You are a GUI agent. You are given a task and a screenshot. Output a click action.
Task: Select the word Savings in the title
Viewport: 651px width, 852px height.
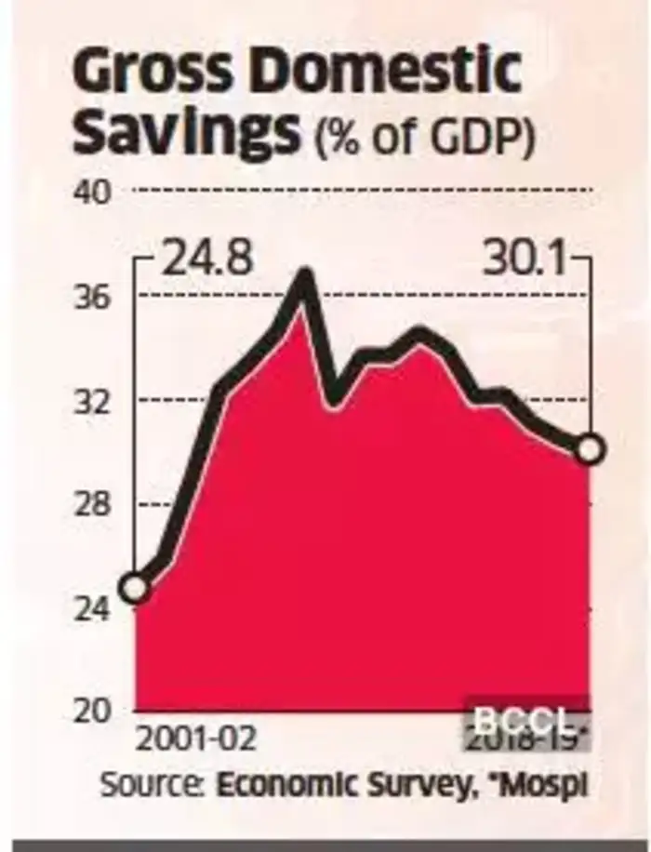[187, 132]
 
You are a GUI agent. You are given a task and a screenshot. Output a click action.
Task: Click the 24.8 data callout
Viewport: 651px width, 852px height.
[206, 259]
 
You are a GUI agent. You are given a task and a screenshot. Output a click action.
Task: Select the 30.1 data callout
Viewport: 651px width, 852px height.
[525, 259]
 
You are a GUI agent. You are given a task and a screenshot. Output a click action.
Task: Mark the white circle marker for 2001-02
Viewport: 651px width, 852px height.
[136, 589]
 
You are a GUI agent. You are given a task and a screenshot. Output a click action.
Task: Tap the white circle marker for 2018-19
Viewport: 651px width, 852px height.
[590, 451]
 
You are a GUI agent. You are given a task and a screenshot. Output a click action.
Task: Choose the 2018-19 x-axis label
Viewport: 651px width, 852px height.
[527, 740]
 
